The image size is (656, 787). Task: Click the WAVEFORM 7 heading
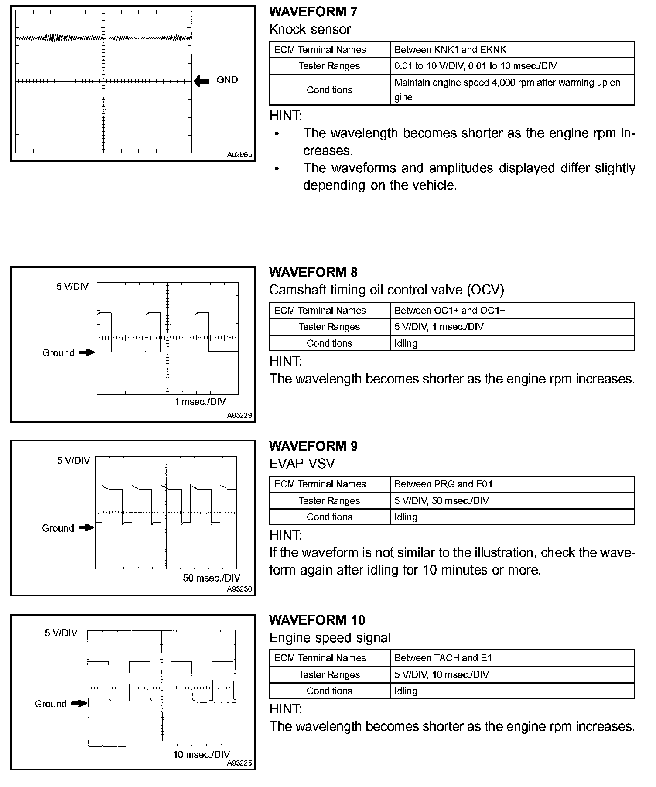click(313, 12)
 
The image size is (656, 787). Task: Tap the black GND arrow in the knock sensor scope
click(201, 81)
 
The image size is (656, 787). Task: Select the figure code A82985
click(239, 154)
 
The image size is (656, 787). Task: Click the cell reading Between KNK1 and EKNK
click(450, 50)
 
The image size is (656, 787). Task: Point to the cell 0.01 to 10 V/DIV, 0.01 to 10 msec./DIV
click(475, 66)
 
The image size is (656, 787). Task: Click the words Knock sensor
click(310, 29)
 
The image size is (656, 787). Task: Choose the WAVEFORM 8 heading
click(313, 273)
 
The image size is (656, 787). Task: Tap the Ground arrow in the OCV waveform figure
click(87, 352)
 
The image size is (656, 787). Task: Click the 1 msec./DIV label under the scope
click(200, 402)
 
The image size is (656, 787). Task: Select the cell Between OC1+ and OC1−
click(450, 311)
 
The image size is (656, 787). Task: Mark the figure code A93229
click(239, 415)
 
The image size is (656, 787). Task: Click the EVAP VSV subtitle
click(302, 463)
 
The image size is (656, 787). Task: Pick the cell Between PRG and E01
click(443, 484)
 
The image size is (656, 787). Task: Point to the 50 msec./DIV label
click(212, 578)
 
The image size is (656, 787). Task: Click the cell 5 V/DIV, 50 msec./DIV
click(441, 501)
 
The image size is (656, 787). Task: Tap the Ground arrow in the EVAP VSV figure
click(86, 528)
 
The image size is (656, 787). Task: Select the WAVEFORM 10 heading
click(317, 620)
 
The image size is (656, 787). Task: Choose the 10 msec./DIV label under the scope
click(201, 755)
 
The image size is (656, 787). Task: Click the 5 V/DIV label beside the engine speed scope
click(61, 633)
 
